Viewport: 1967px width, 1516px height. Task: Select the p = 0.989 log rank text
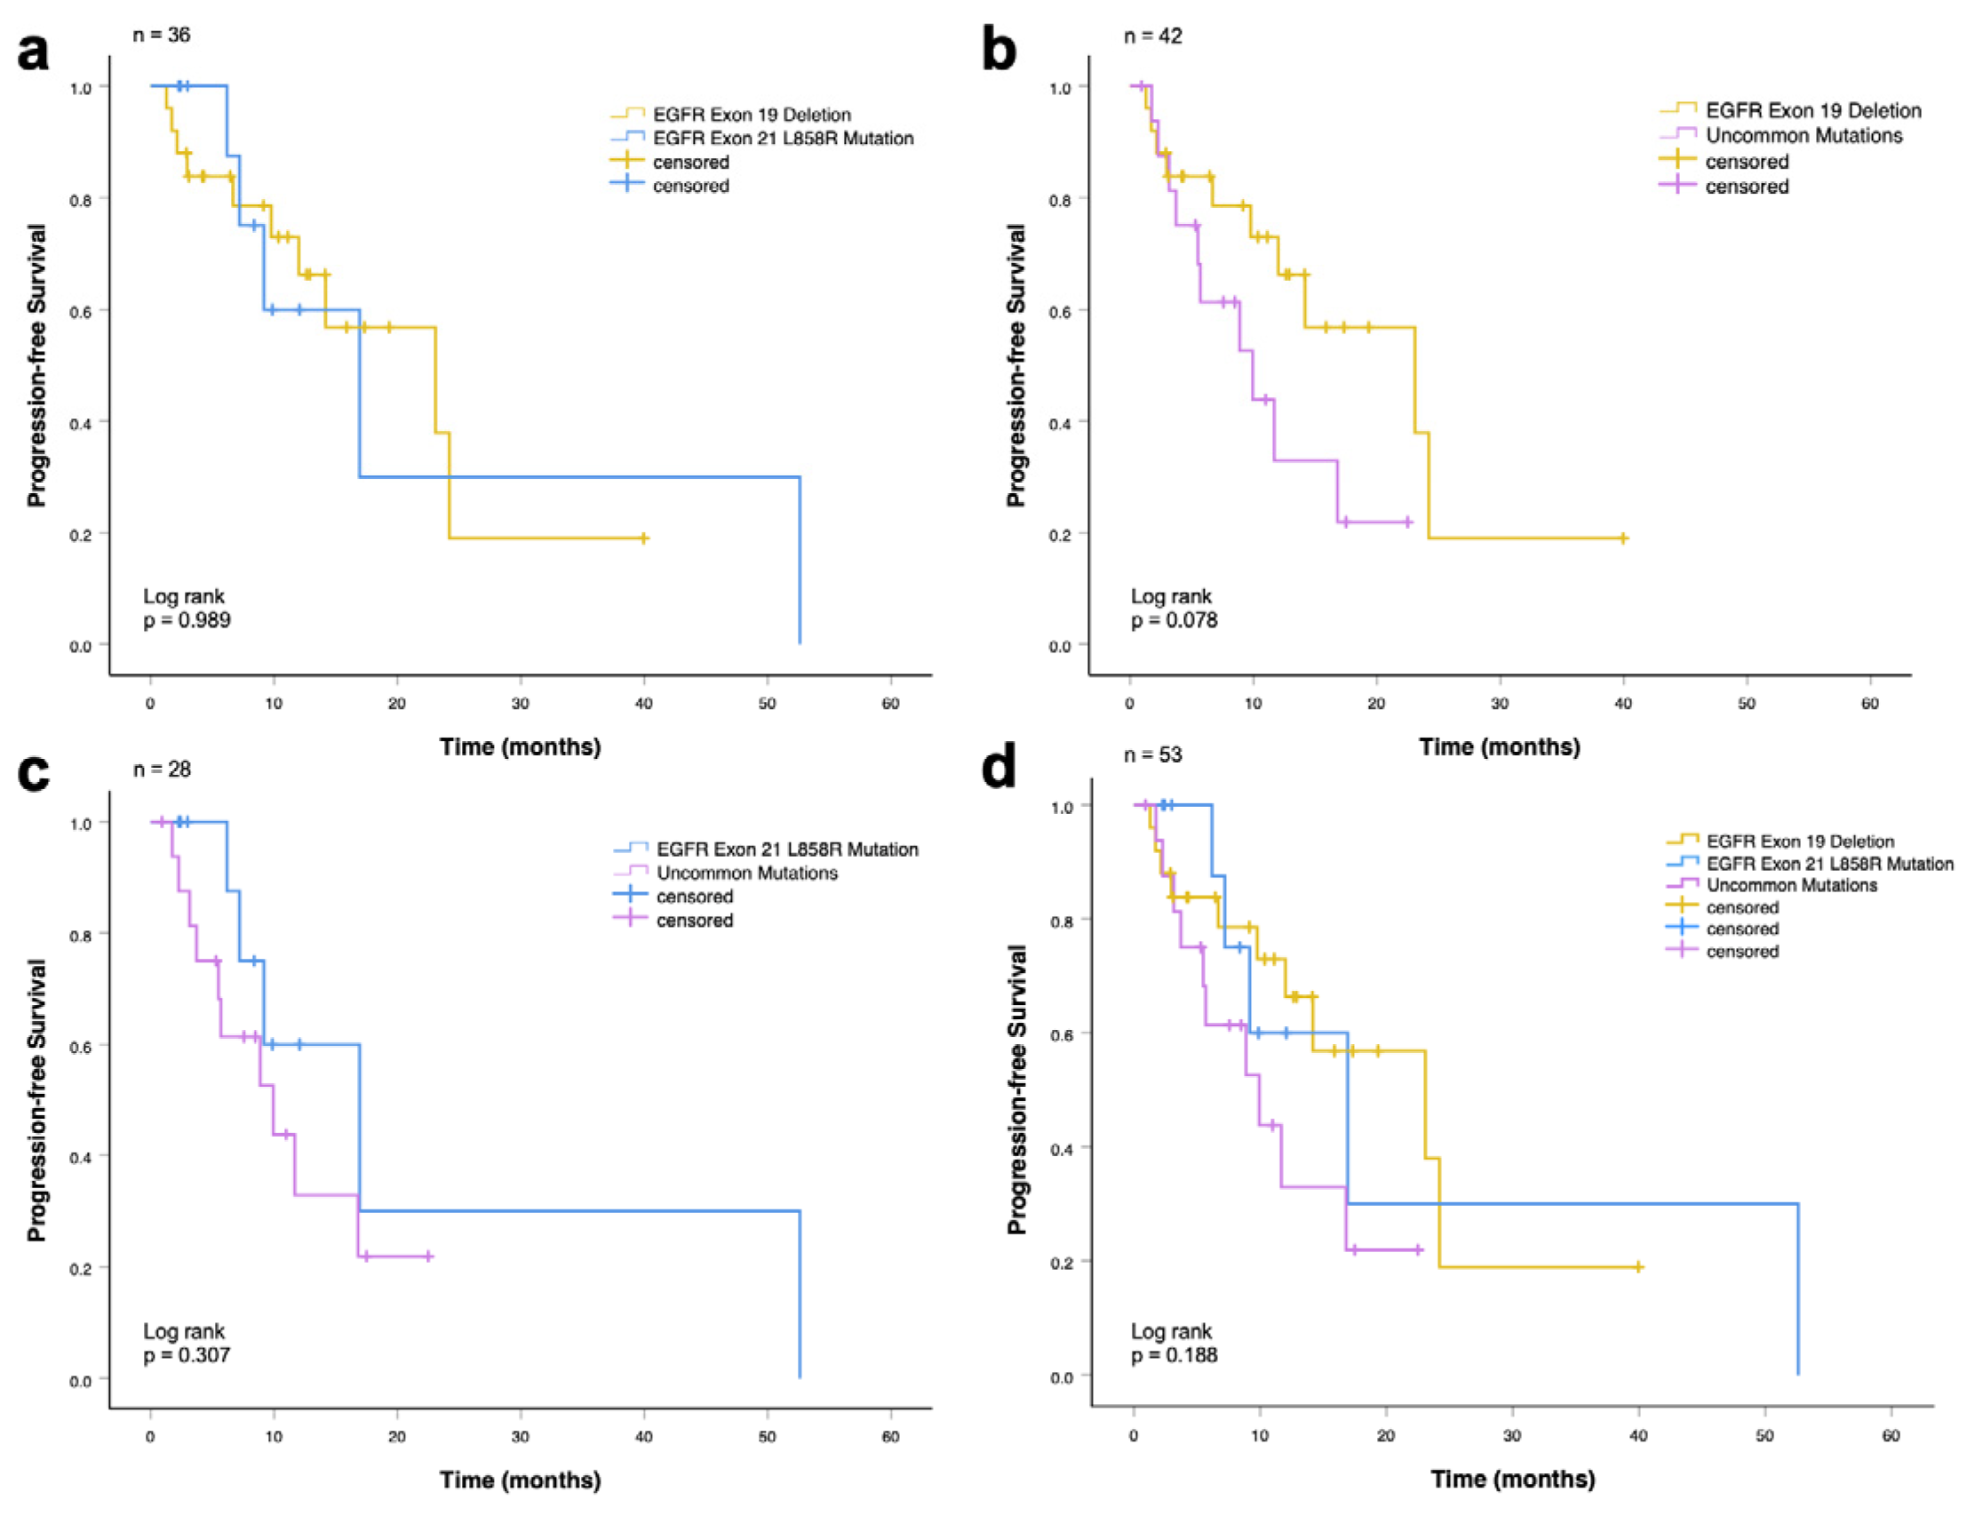187,619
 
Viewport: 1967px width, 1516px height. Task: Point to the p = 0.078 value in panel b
1174,619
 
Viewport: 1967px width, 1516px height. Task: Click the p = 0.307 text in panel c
187,1355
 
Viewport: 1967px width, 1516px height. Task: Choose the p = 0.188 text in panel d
1174,1355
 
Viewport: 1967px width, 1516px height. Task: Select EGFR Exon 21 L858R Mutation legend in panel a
782,138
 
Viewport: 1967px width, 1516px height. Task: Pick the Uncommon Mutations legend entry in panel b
1804,135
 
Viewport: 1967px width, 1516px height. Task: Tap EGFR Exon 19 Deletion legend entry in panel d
1799,842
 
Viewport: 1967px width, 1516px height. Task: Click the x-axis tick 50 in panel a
767,704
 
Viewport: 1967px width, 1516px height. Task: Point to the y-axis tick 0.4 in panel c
81,1158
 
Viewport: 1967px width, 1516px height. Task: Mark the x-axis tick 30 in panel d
1511,1436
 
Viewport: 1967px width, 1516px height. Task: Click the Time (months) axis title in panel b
1499,746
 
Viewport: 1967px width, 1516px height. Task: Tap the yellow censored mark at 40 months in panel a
643,539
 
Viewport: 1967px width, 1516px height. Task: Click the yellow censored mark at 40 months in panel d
1638,1267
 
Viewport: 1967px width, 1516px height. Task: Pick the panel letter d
998,768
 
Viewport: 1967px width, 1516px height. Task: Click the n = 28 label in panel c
162,770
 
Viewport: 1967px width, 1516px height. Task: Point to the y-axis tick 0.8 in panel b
1060,200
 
